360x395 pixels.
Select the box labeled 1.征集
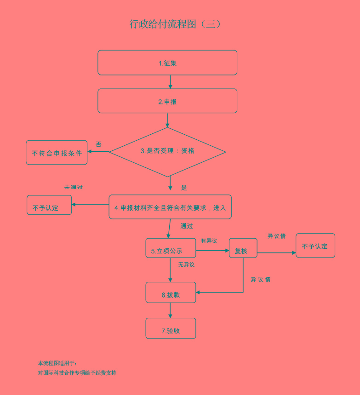(x=167, y=63)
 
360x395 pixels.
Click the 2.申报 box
(x=167, y=101)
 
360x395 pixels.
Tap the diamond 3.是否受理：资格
(x=167, y=151)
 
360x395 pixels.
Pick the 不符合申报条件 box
(x=57, y=153)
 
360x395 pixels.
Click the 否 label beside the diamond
(x=98, y=144)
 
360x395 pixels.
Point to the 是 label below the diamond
(x=184, y=188)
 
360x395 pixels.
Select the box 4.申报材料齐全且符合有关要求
(x=170, y=207)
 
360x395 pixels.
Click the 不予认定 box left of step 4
(x=49, y=205)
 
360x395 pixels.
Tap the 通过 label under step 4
(x=187, y=226)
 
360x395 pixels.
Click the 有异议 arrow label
(x=209, y=241)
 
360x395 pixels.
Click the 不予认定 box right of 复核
(x=315, y=246)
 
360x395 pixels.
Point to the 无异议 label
(x=186, y=265)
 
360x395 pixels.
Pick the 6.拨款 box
(x=171, y=293)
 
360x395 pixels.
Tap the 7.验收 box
(x=171, y=329)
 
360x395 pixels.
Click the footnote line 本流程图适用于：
(x=57, y=363)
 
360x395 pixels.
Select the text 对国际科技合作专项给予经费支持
(x=77, y=373)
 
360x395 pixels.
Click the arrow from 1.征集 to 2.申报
(x=170, y=82)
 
